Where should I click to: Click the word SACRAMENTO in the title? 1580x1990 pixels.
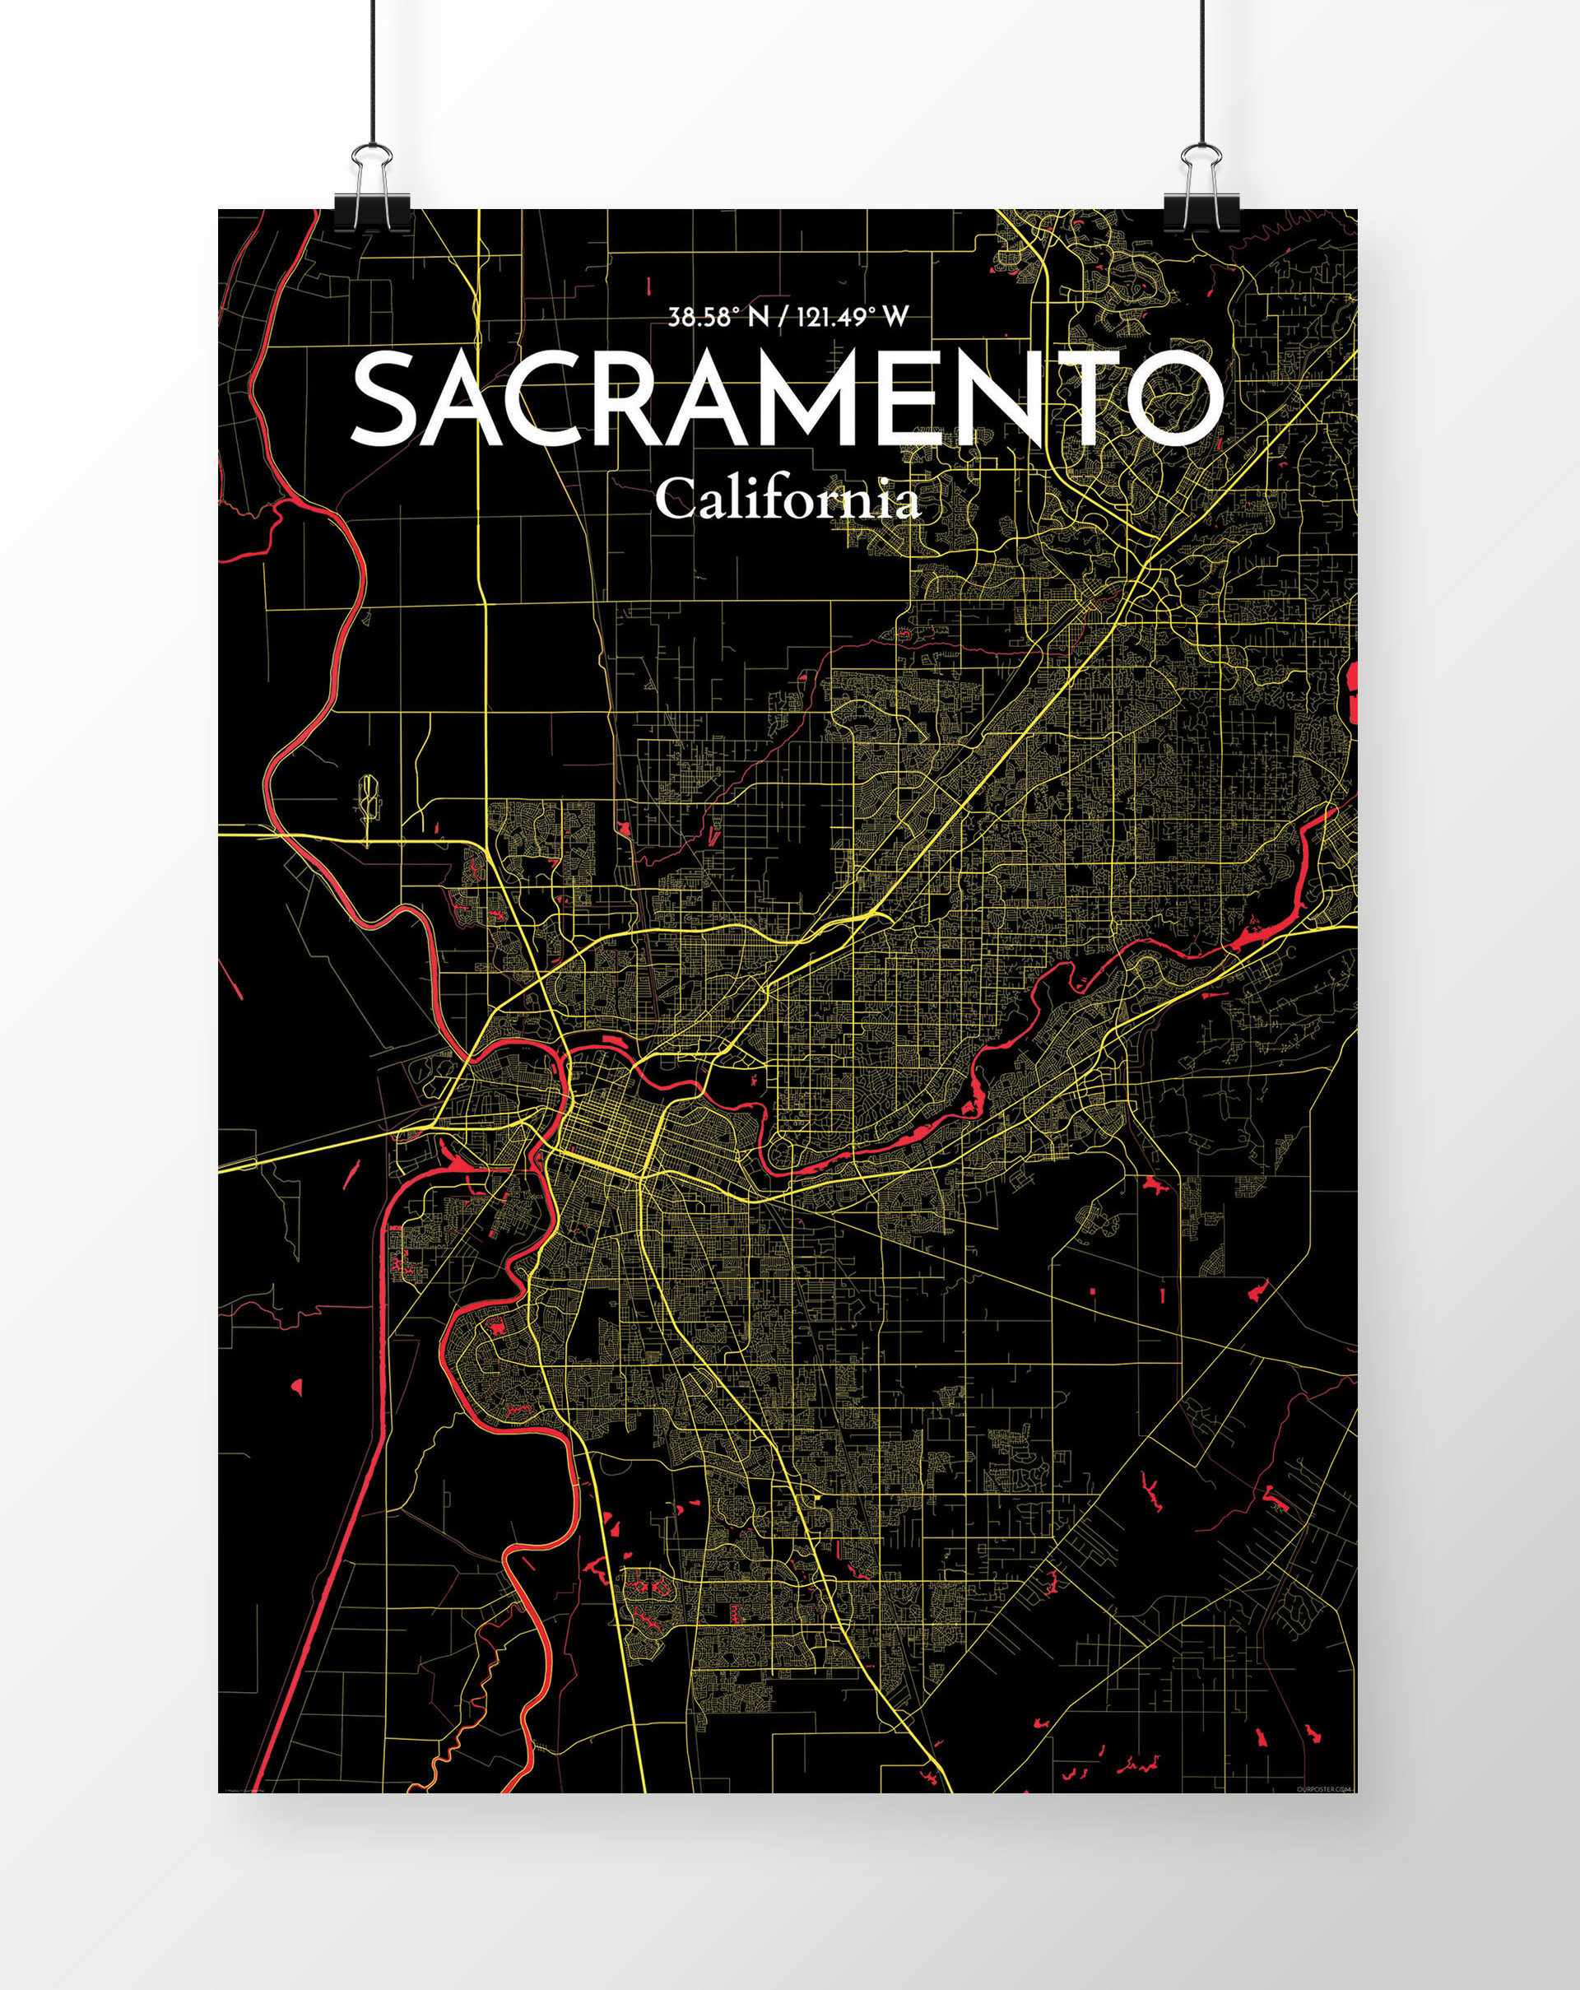tap(788, 398)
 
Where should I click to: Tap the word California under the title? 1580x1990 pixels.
tap(788, 501)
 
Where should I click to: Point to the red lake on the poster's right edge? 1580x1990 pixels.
tap(1352, 691)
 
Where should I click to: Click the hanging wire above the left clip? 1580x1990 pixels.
tap(372, 74)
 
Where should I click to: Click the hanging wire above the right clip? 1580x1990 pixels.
tap(1201, 74)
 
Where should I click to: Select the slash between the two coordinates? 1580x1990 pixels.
tap(783, 318)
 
